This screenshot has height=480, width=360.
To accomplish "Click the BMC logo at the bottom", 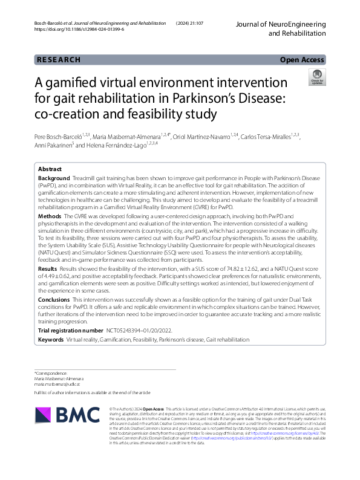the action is coord(68,414).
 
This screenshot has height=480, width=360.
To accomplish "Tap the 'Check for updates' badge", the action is coord(316,76).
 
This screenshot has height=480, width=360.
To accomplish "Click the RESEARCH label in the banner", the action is coord(59,60).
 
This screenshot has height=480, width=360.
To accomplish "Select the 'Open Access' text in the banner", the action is coord(302,60).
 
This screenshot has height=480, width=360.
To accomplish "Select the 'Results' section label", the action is coord(48,268).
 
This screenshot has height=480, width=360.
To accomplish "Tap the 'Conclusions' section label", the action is coord(54,299).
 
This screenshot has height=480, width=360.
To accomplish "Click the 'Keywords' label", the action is coord(51,340).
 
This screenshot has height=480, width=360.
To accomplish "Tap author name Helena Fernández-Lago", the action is coord(116,145).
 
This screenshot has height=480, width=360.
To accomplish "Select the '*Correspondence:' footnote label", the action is coord(51,373).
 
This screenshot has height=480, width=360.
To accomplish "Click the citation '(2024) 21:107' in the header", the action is coord(190,23).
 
